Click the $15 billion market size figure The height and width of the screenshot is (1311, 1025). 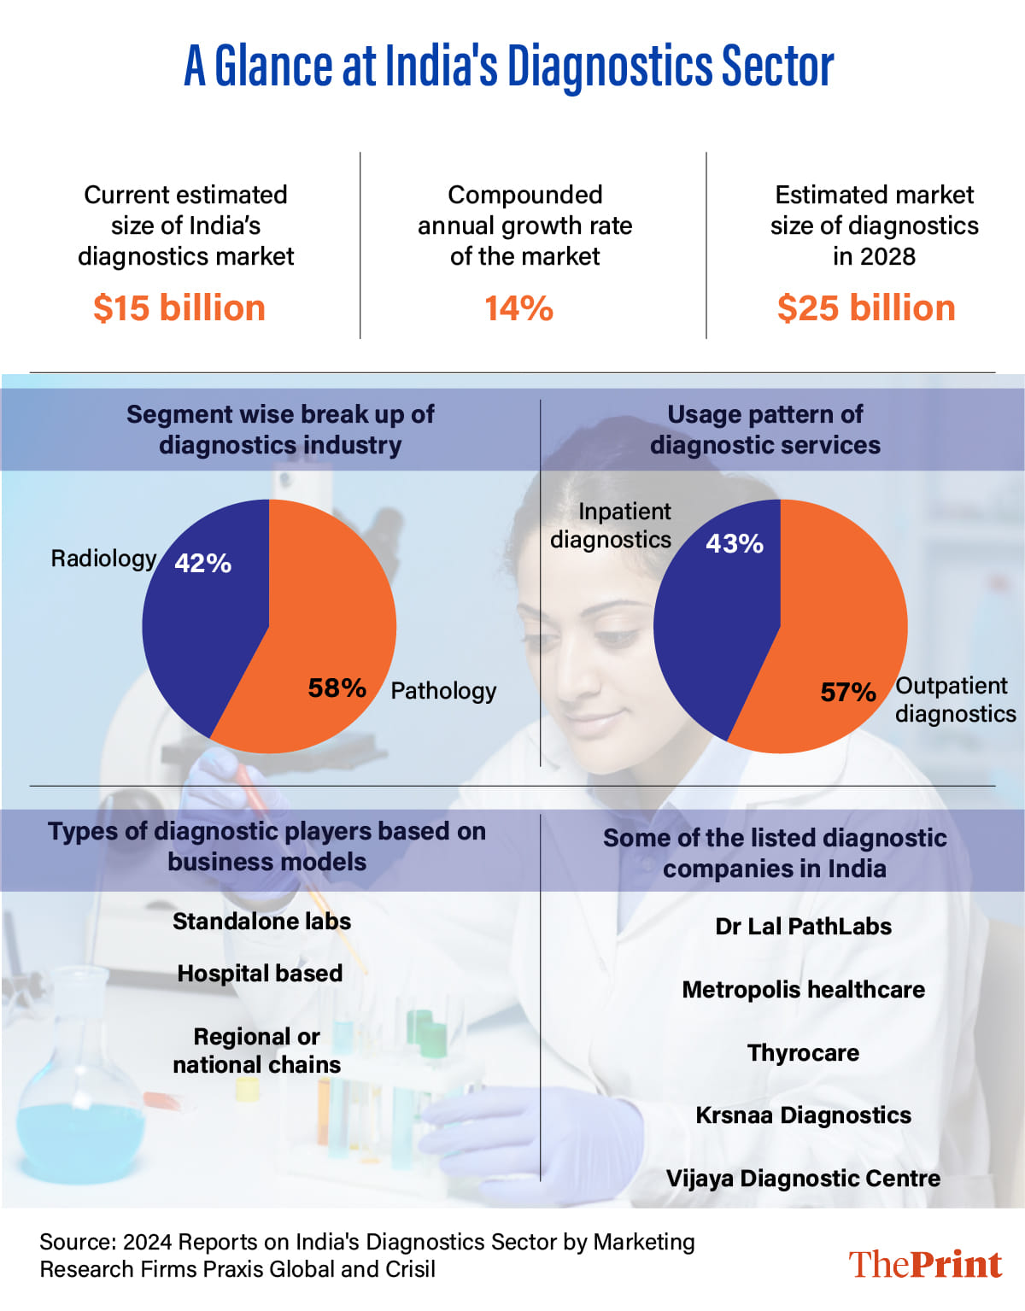(179, 308)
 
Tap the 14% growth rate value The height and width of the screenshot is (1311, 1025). (518, 308)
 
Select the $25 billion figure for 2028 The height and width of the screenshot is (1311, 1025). (866, 308)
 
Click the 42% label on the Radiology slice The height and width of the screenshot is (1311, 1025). (203, 563)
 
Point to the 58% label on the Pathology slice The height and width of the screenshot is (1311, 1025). (337, 688)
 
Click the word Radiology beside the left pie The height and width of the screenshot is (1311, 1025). (103, 559)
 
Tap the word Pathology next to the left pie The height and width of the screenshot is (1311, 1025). (443, 690)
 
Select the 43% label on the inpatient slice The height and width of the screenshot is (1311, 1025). (735, 543)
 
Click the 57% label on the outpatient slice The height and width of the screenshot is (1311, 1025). (848, 692)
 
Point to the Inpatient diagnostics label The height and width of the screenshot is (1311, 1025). (612, 525)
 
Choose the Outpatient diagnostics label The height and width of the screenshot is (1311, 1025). (955, 699)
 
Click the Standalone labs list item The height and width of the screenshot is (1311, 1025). (261, 922)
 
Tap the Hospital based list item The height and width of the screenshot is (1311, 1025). (260, 974)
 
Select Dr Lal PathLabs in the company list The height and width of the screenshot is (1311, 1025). (803, 927)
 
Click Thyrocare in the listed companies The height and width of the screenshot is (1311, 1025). (803, 1053)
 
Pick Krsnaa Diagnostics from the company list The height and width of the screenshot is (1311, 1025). (803, 1115)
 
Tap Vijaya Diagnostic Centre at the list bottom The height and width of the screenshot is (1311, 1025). (803, 1179)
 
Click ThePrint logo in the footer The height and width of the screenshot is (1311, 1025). (925, 1264)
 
